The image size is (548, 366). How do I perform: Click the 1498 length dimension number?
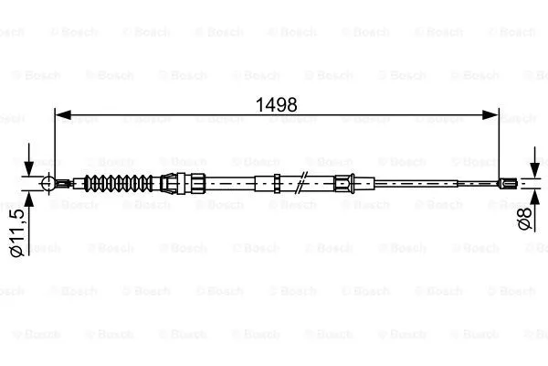pyautogui.click(x=278, y=104)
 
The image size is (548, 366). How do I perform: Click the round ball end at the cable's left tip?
pyautogui.click(x=47, y=182)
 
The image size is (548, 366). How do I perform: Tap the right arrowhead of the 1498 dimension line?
pyautogui.click(x=492, y=115)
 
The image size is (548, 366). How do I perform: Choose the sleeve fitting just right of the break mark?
pyautogui.click(x=342, y=181)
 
